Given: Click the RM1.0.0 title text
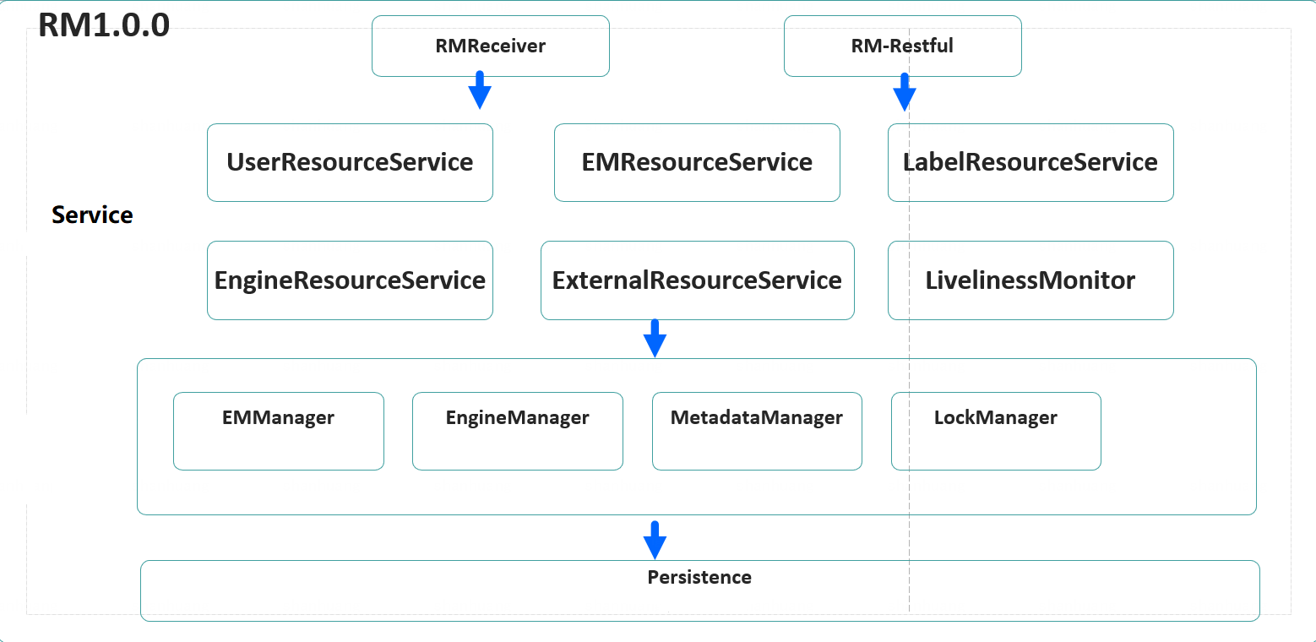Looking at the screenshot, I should (104, 25).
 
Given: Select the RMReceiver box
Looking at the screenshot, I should (490, 46).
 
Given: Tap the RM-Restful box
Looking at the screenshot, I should (902, 46).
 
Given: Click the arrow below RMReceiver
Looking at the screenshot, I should (480, 90).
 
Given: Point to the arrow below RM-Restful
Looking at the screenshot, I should (904, 92).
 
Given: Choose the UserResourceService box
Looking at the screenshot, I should (350, 162).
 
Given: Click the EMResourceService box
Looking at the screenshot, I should (697, 162).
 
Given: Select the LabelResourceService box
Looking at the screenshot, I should (1031, 162).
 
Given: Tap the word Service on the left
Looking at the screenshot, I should (92, 215).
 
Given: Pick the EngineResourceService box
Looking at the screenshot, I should (350, 280).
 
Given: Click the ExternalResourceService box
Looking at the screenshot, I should (697, 280).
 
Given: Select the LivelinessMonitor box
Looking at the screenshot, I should (1031, 280).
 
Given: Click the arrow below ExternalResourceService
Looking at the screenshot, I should (655, 338).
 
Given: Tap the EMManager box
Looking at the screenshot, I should (278, 431).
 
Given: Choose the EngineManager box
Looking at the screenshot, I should (517, 431).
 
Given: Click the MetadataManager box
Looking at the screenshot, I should (757, 431).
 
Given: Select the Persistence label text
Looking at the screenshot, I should (699, 577).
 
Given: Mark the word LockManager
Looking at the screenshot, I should (996, 417).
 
